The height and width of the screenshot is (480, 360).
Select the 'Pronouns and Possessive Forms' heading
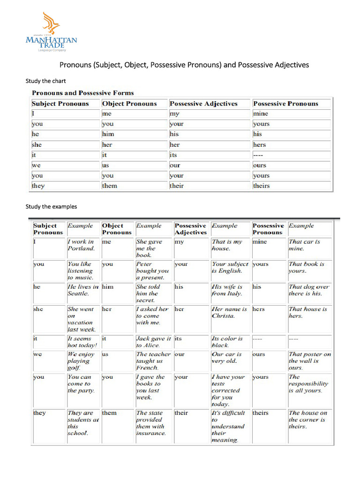82,93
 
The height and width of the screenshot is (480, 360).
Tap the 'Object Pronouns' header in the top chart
129,104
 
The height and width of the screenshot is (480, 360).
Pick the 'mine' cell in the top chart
261,114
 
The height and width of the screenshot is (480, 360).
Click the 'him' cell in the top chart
108,134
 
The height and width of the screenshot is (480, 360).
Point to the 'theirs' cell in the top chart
262,186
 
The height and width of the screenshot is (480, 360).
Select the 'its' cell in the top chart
173,155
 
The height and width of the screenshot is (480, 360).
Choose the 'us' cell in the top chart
105,165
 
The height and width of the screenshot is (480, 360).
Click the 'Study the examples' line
51,206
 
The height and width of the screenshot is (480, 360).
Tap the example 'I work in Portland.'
81,245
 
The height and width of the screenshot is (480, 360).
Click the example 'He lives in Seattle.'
83,290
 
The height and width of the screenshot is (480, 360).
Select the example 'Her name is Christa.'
229,313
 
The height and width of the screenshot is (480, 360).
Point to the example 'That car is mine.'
304,245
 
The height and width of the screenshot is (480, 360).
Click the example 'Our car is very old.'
227,358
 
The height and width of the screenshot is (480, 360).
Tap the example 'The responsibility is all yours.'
308,383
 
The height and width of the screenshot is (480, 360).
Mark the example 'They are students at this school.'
83,423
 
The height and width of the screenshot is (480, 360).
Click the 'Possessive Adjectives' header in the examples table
190,229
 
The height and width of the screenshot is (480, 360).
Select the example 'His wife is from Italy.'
227,290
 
